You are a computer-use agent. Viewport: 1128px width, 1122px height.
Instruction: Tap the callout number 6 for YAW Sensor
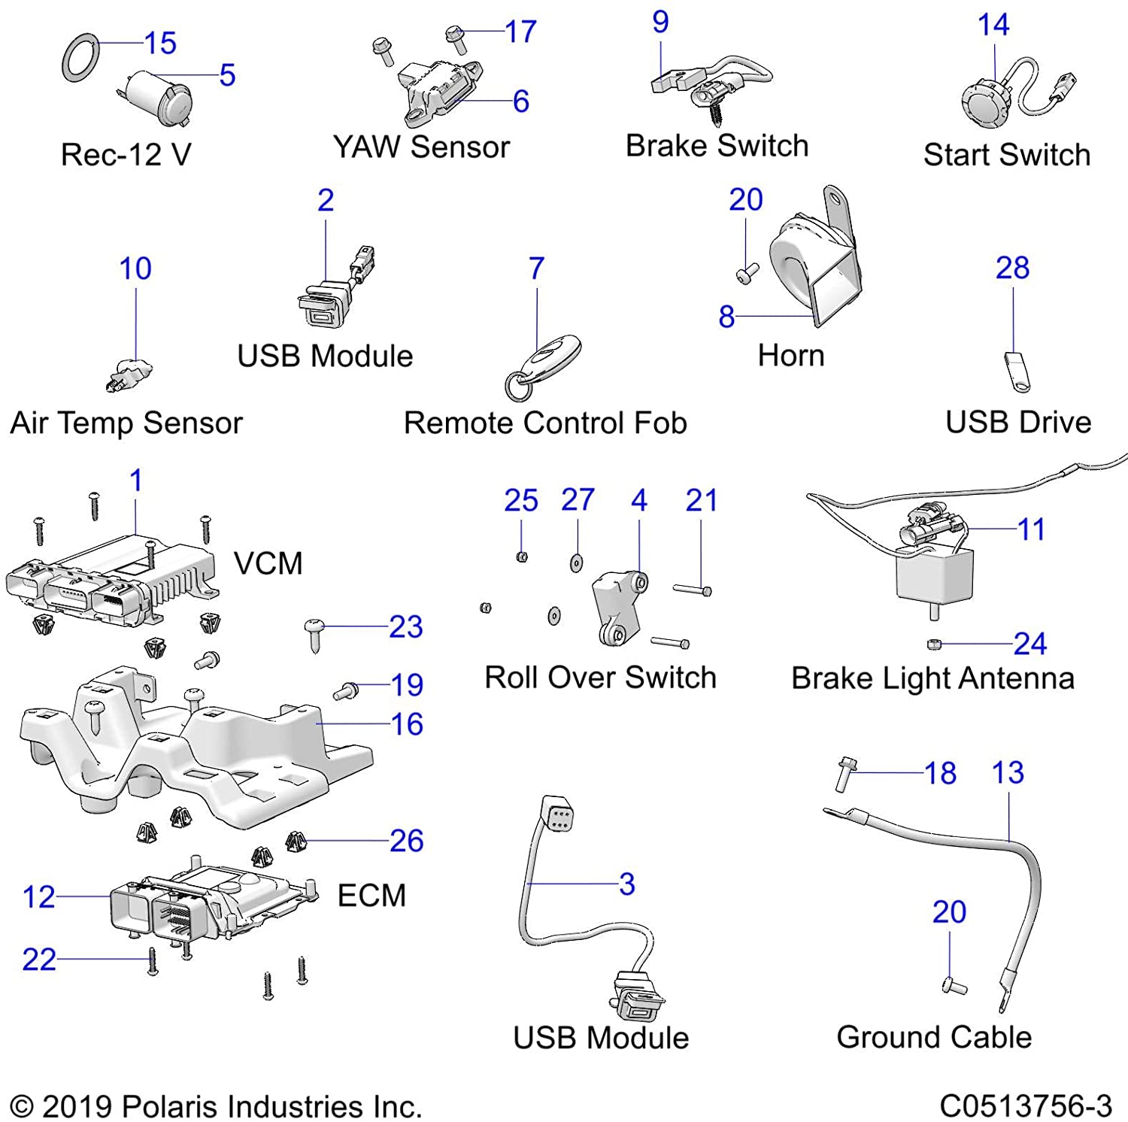(x=520, y=102)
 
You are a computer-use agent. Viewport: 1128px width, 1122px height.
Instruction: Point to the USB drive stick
(x=1017, y=371)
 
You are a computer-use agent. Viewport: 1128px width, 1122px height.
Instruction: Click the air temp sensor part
(x=129, y=374)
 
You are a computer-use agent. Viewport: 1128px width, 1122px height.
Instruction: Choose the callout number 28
(x=1012, y=268)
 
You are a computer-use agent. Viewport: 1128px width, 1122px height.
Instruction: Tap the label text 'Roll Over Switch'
(x=600, y=678)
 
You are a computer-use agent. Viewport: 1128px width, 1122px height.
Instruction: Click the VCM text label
(x=268, y=563)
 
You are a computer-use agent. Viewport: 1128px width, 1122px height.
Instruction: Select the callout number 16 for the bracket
(x=407, y=724)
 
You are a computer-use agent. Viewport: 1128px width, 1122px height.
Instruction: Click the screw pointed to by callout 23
(x=314, y=632)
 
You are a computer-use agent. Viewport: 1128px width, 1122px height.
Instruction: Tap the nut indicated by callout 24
(x=933, y=644)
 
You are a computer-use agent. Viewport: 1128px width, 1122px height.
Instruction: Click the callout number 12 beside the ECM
(x=38, y=896)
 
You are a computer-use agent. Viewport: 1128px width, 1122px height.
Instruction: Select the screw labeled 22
(x=153, y=961)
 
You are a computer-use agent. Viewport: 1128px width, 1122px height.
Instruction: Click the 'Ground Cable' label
(x=934, y=1037)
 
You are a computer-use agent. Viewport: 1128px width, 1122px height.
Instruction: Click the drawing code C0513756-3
(x=1026, y=1106)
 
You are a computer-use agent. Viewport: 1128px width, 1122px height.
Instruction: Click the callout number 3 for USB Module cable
(x=627, y=884)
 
